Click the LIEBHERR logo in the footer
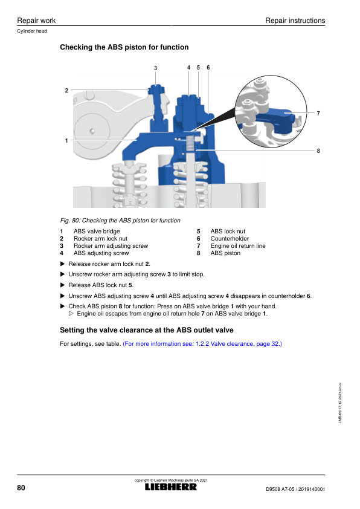tap(170, 487)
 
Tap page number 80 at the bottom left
tap(21, 488)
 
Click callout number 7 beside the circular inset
tap(318, 113)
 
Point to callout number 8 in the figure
tap(318, 151)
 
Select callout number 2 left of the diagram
tap(66, 90)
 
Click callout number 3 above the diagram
tap(155, 68)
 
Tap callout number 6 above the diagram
tap(208, 67)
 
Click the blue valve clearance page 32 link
tap(202, 344)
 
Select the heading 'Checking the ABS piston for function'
tap(124, 47)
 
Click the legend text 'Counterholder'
tap(230, 239)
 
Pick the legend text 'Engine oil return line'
tap(238, 246)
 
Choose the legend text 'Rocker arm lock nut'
tap(100, 239)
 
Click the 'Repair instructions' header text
tap(295, 21)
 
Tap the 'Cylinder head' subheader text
tap(32, 31)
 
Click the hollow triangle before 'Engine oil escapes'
tap(71, 314)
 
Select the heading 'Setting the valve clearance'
tap(147, 330)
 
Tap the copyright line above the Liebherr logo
tap(171, 480)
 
